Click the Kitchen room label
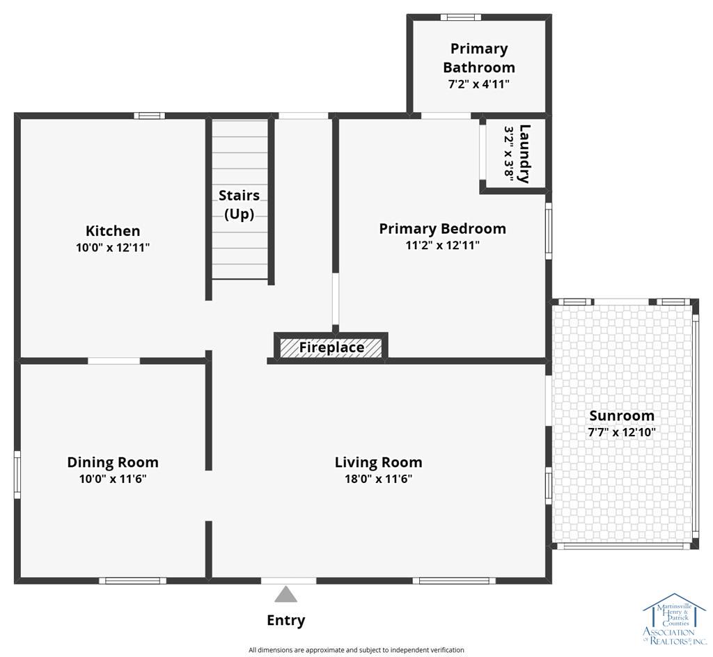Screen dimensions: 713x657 pos(113,230)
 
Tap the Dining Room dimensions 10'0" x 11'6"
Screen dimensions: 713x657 pos(113,479)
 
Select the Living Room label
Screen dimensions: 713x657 pos(378,462)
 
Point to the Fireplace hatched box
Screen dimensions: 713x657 pos(331,347)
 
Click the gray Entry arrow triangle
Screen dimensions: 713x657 pos(285,594)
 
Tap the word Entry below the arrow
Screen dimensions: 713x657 pos(285,621)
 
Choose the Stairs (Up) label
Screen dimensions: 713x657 pos(240,205)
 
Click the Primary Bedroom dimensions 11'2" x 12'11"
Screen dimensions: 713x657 pos(442,246)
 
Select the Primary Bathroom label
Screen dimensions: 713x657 pos(479,58)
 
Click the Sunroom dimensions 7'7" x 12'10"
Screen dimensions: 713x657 pos(622,432)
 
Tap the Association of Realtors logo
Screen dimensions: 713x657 pos(674,619)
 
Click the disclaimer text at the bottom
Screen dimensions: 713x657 pos(356,650)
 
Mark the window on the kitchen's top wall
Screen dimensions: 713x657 pos(150,116)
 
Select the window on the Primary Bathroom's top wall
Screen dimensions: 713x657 pos(461,17)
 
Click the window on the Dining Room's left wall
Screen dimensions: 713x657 pos(17,475)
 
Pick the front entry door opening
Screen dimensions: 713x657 pos(288,580)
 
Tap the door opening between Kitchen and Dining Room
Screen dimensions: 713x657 pos(113,361)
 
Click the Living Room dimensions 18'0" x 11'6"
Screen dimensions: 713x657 pos(378,479)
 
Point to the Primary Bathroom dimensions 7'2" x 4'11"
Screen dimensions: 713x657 pos(479,84)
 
